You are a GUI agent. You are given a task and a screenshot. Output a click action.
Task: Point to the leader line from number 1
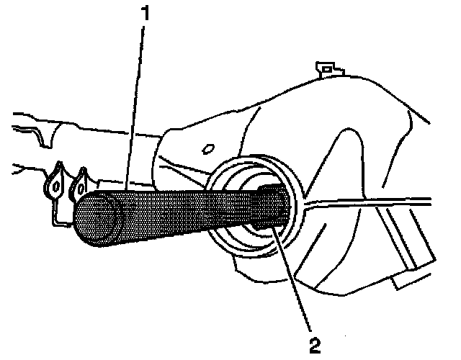(136, 108)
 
